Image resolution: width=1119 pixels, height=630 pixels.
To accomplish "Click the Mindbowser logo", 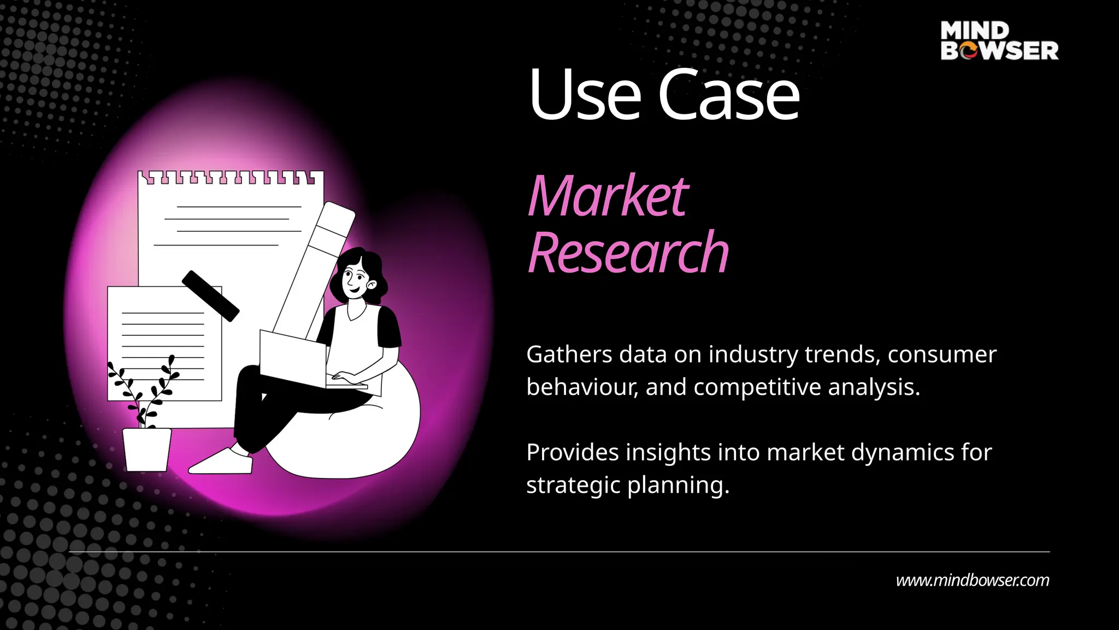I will [x=999, y=40].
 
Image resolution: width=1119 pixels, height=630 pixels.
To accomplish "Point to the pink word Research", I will [x=628, y=253].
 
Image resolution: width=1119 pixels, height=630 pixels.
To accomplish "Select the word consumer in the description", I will [x=941, y=355].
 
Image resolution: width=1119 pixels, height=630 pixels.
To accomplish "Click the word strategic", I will [x=573, y=486].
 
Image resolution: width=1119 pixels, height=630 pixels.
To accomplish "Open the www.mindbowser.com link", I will [x=972, y=580].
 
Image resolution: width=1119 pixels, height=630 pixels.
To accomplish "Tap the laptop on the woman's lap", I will [x=293, y=358].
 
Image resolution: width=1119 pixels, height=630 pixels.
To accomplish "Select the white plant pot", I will [x=146, y=450].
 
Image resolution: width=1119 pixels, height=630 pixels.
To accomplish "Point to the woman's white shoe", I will [x=222, y=462].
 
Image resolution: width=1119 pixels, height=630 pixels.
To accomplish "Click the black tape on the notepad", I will [x=210, y=295].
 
